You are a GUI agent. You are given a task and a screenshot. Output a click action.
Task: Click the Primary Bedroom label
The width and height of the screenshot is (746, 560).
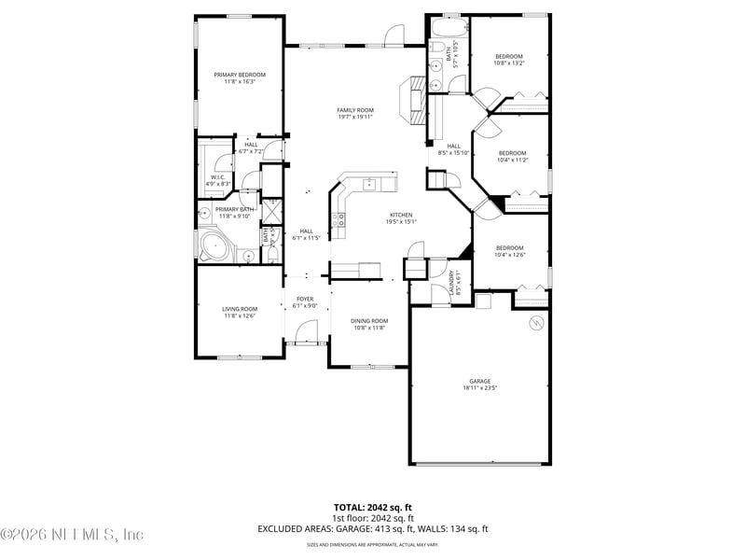point(240,75)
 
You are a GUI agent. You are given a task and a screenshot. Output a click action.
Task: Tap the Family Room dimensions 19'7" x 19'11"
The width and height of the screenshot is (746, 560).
point(355,118)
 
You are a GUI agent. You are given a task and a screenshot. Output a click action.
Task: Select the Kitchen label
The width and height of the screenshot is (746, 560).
point(401,215)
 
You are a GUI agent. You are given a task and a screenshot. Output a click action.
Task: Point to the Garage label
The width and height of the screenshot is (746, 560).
point(479,381)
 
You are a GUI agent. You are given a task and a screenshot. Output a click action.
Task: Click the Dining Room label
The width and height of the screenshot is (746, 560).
point(369,321)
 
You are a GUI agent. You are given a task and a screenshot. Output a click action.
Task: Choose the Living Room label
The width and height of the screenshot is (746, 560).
point(240,309)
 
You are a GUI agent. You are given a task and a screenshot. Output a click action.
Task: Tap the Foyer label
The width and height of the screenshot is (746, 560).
point(305,299)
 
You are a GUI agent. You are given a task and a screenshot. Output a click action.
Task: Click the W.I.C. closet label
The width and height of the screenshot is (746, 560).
point(217,176)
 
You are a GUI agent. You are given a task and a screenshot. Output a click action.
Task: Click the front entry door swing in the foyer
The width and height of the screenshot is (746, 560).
point(306,332)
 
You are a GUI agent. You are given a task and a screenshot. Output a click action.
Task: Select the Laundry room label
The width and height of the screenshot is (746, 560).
point(450,278)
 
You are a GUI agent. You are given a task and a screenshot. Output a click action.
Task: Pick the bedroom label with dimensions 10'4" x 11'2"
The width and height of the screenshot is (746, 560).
point(512,153)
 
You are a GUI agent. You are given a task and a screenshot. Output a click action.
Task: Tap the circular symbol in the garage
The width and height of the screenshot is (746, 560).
point(535,324)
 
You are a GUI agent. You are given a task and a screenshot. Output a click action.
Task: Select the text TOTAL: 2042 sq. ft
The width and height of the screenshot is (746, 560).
point(373,507)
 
